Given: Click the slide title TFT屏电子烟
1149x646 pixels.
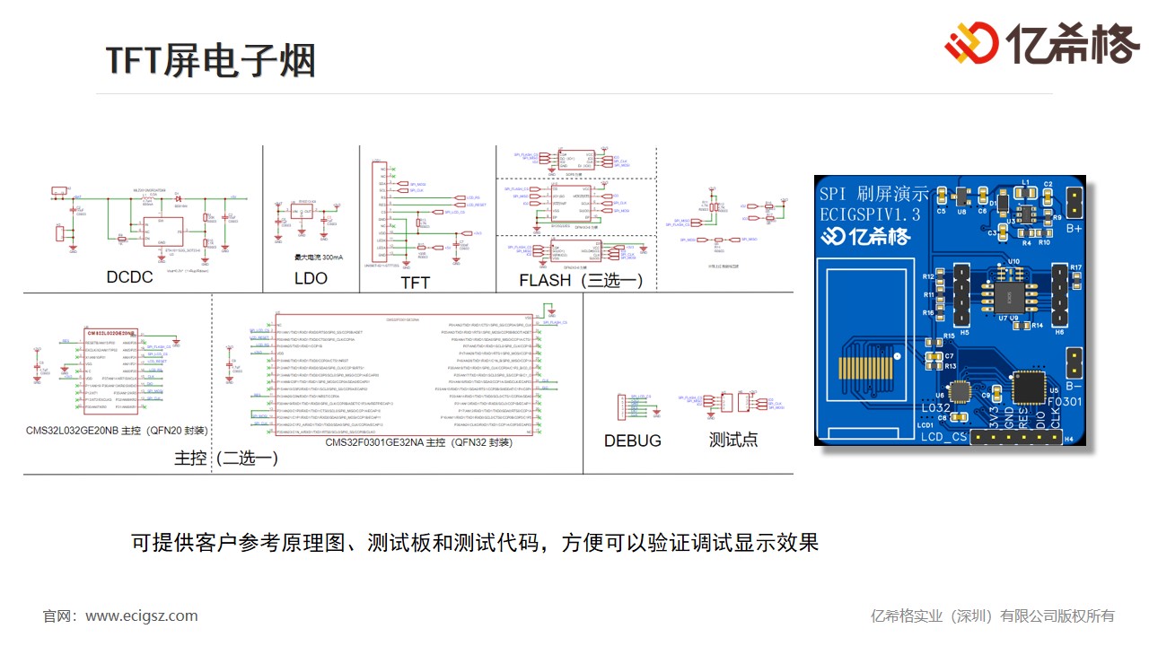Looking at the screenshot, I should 211,60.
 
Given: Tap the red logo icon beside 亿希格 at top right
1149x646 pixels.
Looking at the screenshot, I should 971,42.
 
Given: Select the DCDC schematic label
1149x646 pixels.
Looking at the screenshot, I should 130,277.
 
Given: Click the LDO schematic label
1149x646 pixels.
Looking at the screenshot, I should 311,278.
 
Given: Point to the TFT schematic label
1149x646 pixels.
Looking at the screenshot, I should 415,283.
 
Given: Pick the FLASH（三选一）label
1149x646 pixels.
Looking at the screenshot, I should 581,281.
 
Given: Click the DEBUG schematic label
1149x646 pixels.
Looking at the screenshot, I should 633,441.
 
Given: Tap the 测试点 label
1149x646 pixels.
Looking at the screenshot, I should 733,440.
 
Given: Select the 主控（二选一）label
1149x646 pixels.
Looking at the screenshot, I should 226,458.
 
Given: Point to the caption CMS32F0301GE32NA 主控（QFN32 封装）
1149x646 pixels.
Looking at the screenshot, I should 418,442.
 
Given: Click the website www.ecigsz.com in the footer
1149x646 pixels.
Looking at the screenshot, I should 142,615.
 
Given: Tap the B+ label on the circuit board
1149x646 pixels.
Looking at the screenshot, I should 1073,228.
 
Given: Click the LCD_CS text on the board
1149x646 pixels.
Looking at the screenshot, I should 943,437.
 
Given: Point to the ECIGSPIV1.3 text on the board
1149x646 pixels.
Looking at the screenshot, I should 870,214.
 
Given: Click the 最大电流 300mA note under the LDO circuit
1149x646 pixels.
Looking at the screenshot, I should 311,257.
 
